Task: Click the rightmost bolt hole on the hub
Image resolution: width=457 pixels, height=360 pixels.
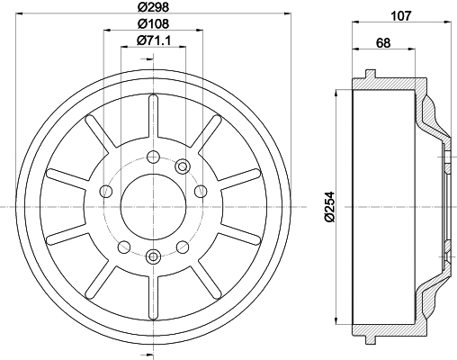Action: (x=201, y=191)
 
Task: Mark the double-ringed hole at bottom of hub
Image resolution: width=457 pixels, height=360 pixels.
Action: (x=153, y=256)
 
